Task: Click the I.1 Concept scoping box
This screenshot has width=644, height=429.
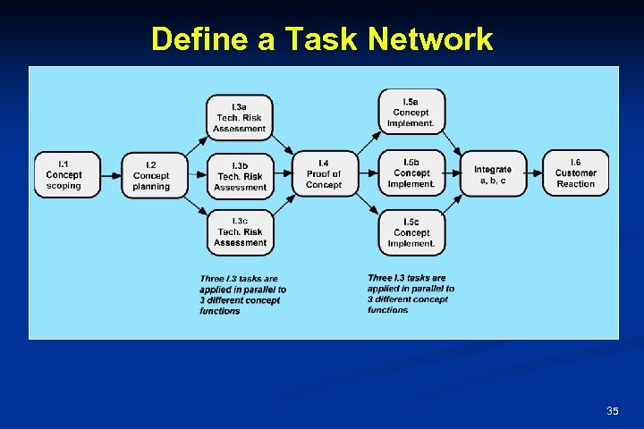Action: [x=64, y=175]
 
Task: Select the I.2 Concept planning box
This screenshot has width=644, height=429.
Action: [x=151, y=175]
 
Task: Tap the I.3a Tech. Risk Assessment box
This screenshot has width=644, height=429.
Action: [x=240, y=117]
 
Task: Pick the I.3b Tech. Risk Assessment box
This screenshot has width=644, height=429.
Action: [x=240, y=176]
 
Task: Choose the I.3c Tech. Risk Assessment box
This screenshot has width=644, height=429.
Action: [x=240, y=231]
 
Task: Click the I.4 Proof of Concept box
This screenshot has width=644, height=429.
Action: [x=324, y=173]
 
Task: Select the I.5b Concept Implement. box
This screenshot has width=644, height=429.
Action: [x=411, y=173]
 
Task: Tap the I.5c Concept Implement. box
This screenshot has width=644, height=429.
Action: [x=411, y=232]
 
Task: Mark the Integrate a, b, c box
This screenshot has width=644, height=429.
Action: [x=493, y=174]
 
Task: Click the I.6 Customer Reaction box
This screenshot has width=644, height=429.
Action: [x=575, y=173]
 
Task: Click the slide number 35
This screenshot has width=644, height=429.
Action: [x=613, y=410]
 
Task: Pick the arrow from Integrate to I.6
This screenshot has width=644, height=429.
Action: [x=534, y=174]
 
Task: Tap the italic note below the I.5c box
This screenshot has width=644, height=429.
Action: [x=411, y=294]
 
